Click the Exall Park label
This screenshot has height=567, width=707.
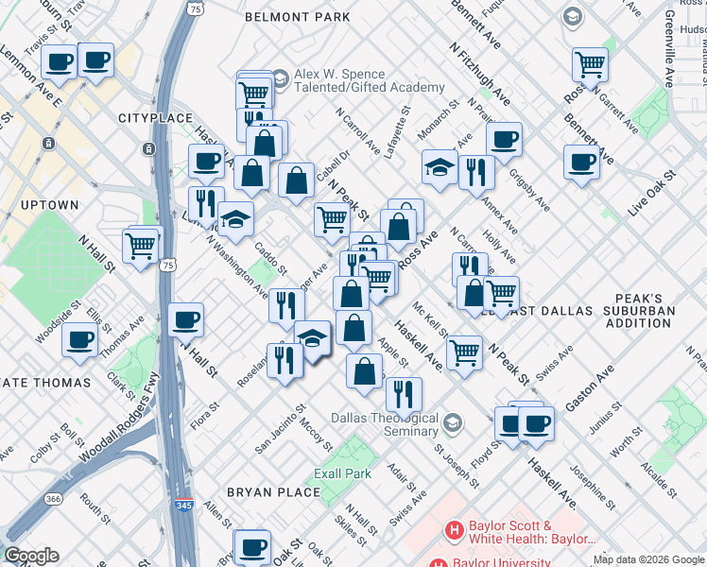pyautogui.click(x=343, y=472)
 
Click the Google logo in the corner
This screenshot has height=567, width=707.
pyautogui.click(x=31, y=556)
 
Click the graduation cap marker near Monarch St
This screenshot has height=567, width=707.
pyautogui.click(x=440, y=167)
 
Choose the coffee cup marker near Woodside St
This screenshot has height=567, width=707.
pyautogui.click(x=80, y=338)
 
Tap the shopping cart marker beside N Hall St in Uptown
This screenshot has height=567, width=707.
pyautogui.click(x=141, y=246)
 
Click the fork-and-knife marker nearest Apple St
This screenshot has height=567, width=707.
pyautogui.click(x=404, y=393)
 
